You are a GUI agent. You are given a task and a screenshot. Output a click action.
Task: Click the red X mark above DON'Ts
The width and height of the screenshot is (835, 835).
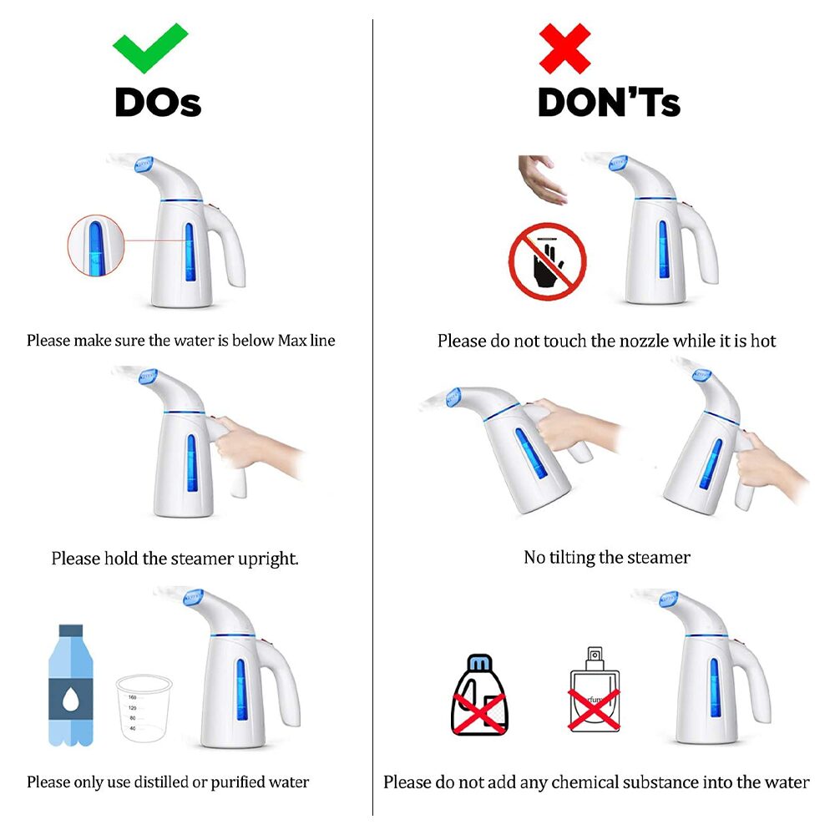564,48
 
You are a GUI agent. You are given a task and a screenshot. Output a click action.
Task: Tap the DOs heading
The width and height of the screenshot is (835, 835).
158,102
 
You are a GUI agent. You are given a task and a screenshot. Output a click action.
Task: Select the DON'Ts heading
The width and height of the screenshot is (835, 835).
609,102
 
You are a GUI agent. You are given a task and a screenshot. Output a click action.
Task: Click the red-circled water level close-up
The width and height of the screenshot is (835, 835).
96,245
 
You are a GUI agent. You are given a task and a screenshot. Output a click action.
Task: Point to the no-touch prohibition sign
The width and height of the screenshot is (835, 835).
548,261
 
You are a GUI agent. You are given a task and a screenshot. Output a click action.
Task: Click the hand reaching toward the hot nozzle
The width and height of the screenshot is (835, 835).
541,179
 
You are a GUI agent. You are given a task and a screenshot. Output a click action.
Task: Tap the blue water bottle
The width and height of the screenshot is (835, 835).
71,686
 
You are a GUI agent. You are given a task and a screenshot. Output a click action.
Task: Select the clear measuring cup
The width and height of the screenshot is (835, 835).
144,708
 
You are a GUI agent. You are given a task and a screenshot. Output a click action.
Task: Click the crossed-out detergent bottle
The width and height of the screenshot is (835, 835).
480,696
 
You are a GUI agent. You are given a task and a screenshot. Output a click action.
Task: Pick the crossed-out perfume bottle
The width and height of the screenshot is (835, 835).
595,691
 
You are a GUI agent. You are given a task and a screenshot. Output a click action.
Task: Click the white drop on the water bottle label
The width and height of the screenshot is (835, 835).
71,699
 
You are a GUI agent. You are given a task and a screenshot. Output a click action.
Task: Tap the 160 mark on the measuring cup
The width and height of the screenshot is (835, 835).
133,697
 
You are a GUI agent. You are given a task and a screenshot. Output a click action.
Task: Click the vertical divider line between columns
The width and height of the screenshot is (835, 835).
372,417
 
